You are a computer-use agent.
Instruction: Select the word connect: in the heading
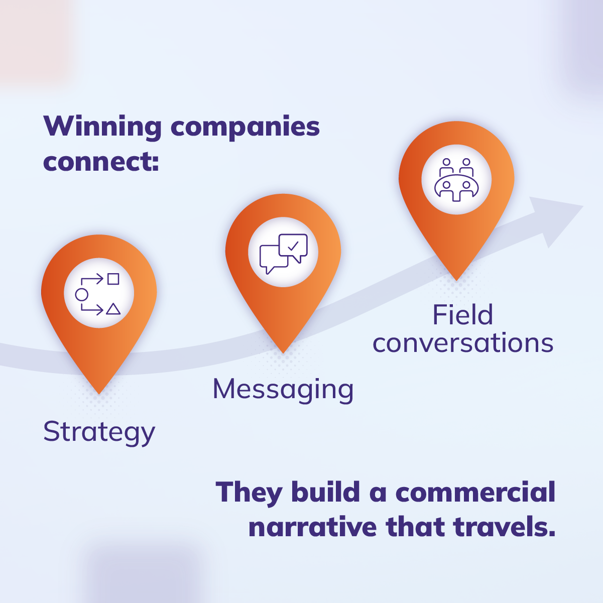click(x=101, y=162)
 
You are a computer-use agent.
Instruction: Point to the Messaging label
click(x=283, y=390)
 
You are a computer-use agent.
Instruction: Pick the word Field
click(x=462, y=315)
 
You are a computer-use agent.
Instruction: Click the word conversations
click(x=462, y=343)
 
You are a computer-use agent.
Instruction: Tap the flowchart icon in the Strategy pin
click(x=99, y=294)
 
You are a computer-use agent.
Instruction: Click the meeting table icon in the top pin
click(x=456, y=180)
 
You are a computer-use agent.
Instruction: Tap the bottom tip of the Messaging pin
click(x=283, y=352)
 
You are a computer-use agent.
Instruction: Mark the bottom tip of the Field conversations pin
click(x=456, y=279)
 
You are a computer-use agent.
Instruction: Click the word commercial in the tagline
click(x=475, y=493)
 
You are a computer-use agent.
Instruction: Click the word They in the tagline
click(x=249, y=493)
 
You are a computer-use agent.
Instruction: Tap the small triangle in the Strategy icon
click(x=113, y=309)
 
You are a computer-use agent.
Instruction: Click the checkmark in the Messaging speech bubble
click(x=293, y=246)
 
